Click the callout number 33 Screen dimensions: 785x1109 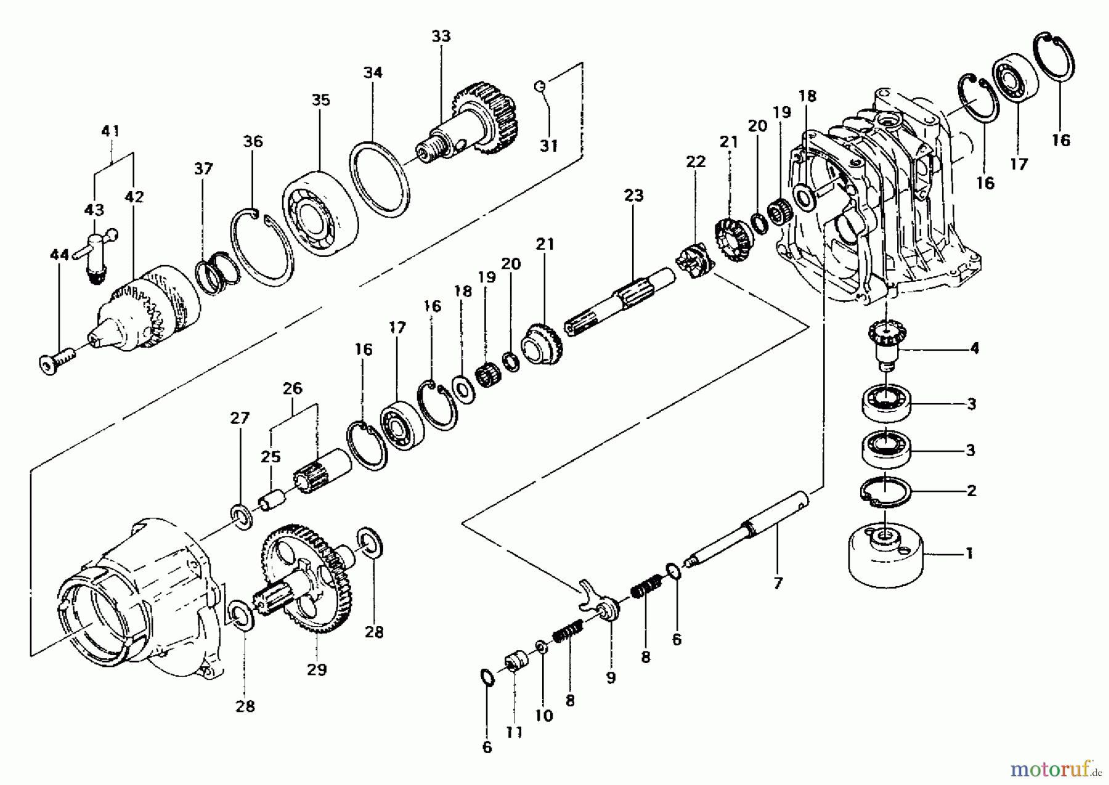[441, 36]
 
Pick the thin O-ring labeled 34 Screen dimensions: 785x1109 [380, 179]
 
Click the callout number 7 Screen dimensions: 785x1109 [778, 583]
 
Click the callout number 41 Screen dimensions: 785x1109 [111, 131]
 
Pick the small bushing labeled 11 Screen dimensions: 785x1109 [514, 664]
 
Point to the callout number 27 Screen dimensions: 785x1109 [240, 418]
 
